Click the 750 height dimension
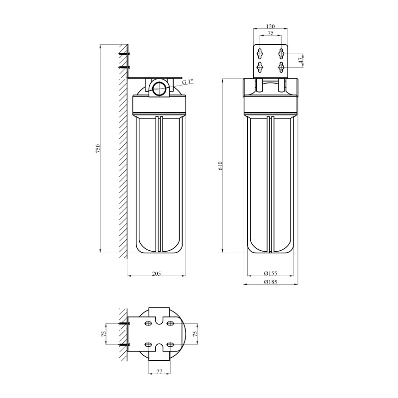click(99, 148)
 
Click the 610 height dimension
click(220, 166)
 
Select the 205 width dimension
click(157, 273)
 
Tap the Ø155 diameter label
click(270, 273)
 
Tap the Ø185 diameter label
click(270, 282)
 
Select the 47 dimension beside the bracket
click(300, 60)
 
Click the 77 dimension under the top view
click(160, 372)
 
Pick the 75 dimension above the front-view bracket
click(270, 34)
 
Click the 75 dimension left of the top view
click(104, 334)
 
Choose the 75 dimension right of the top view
click(195, 334)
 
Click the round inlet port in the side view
click(160, 89)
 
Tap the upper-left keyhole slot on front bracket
click(259, 53)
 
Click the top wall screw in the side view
click(124, 54)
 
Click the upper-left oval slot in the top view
click(149, 324)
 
